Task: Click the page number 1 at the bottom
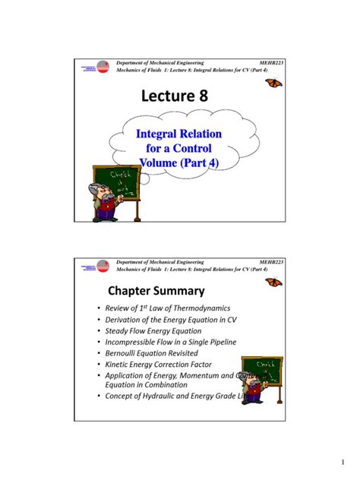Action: coord(343,463)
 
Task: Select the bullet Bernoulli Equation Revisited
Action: coord(155,353)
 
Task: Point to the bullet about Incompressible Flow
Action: coord(170,342)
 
